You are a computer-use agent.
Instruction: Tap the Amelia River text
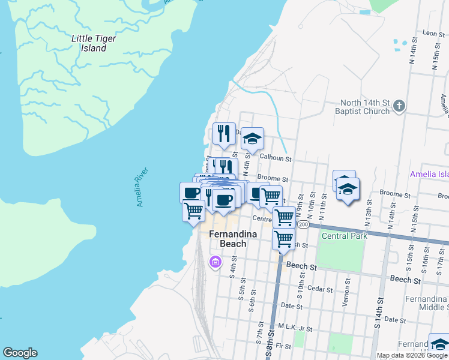[142, 188]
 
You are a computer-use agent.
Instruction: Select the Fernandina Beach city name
[228, 239]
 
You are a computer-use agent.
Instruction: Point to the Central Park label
[344, 236]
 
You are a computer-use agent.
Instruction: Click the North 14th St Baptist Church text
[365, 107]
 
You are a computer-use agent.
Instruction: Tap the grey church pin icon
[399, 107]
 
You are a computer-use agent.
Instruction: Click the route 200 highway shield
[303, 224]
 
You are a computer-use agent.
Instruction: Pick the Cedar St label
[320, 289]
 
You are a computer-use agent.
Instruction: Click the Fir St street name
[283, 346]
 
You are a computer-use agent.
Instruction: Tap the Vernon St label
[346, 293]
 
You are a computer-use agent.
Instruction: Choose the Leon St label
[432, 33]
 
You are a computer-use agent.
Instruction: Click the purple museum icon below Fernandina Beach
[215, 262]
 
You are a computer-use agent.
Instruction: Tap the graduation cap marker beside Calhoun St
[253, 140]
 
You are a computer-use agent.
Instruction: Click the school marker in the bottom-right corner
[439, 344]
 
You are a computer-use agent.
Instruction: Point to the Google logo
[20, 353]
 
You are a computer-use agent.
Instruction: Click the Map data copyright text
[411, 355]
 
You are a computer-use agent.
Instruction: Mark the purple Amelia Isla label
[429, 174]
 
